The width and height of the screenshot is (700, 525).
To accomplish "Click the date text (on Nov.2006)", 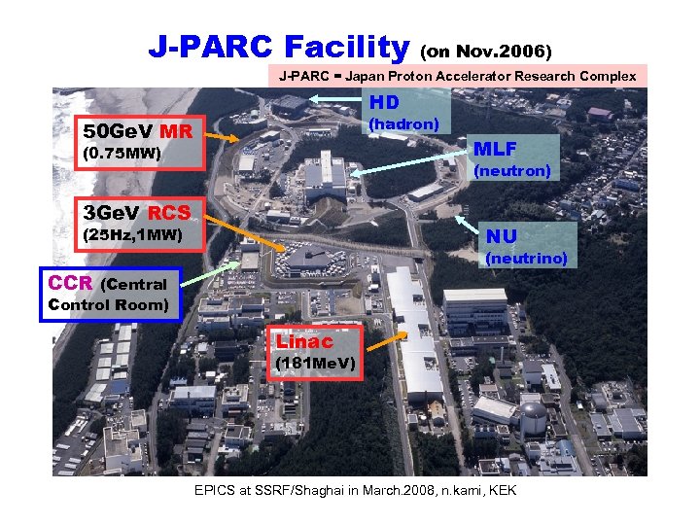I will pos(487,49).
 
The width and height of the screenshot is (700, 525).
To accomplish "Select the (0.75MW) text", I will pos(122,154).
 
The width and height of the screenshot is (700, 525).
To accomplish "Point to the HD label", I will pos(384,102).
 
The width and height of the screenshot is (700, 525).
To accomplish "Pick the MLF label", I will pos(496,149).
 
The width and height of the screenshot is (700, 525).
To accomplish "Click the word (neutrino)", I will pos(525,258).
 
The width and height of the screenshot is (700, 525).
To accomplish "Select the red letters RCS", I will pos(170,213).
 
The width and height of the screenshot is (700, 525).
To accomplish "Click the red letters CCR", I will pos(70,283).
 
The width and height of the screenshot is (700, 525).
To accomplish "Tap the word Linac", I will pos(304,342).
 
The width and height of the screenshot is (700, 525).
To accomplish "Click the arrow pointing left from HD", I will pos(334,99).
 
